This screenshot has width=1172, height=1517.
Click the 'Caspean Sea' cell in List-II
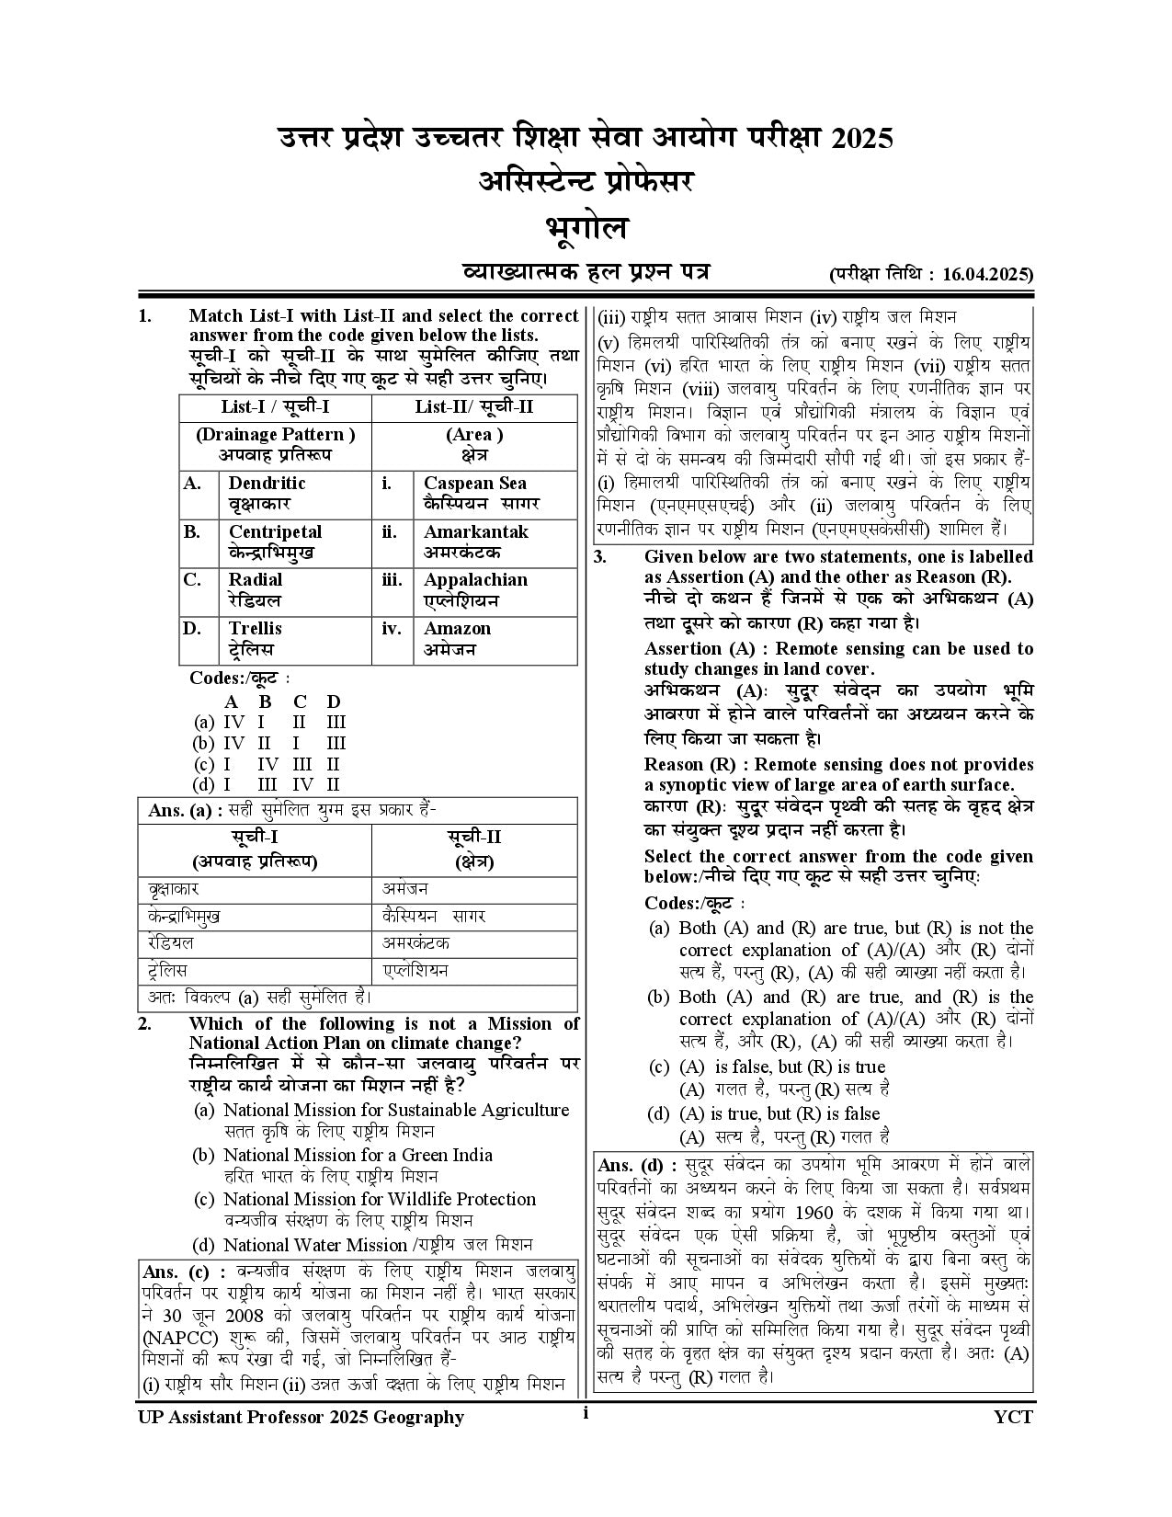point(474,493)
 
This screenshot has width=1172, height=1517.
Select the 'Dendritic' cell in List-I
point(267,493)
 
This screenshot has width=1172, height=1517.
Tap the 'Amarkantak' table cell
point(475,542)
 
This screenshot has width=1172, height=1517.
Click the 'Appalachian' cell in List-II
point(475,589)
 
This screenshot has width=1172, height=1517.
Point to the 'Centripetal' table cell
point(275,542)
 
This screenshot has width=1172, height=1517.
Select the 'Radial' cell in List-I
point(256,589)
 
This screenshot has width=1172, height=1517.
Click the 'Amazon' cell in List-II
point(457,638)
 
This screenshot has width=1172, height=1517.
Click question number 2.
point(145,1024)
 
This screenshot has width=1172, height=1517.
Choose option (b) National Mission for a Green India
point(358,1155)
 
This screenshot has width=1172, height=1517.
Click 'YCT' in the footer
point(1013,1417)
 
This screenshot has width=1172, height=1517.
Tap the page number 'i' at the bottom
point(585,1414)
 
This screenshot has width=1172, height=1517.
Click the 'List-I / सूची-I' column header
point(275,407)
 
